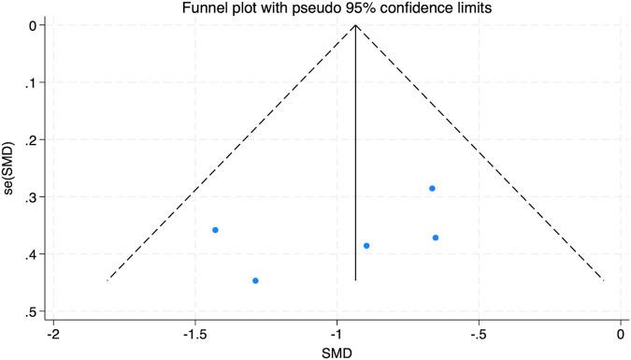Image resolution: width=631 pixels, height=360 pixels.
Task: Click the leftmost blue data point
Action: [x=215, y=229]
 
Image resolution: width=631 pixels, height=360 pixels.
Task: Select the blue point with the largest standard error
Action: [x=255, y=281]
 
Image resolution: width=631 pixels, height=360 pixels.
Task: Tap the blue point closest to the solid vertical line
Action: [x=366, y=246]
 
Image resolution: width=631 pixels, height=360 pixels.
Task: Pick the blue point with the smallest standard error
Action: [x=432, y=188]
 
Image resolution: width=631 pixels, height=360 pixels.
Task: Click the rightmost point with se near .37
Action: [x=436, y=238]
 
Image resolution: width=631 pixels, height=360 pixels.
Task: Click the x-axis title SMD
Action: [x=337, y=352]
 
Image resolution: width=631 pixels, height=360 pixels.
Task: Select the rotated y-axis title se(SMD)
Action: [x=8, y=168]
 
